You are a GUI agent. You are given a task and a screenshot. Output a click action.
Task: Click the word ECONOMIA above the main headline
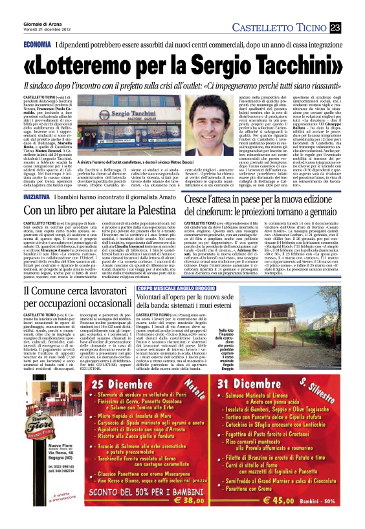(38, 45)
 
